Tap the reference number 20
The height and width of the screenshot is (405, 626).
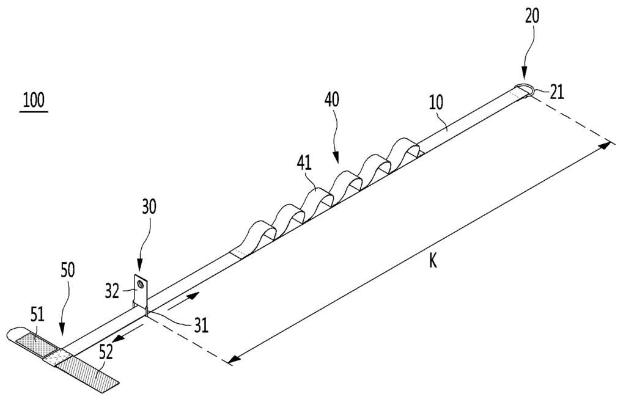pyautogui.click(x=532, y=16)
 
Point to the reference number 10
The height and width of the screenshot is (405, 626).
pyautogui.click(x=436, y=103)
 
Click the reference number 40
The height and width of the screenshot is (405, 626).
pyautogui.click(x=332, y=100)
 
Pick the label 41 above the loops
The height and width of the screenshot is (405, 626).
pyautogui.click(x=304, y=163)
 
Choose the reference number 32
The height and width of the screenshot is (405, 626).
pyautogui.click(x=112, y=291)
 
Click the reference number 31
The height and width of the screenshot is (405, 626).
pyautogui.click(x=202, y=326)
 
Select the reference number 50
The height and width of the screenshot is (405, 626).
pyautogui.click(x=67, y=270)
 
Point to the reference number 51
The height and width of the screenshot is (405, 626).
pyautogui.click(x=37, y=316)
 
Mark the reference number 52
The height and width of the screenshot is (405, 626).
pyautogui.click(x=105, y=352)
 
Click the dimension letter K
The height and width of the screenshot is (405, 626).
pyautogui.click(x=433, y=262)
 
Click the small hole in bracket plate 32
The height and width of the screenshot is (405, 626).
pyautogui.click(x=140, y=283)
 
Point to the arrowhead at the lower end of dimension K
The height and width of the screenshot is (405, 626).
pyautogui.click(x=235, y=359)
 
